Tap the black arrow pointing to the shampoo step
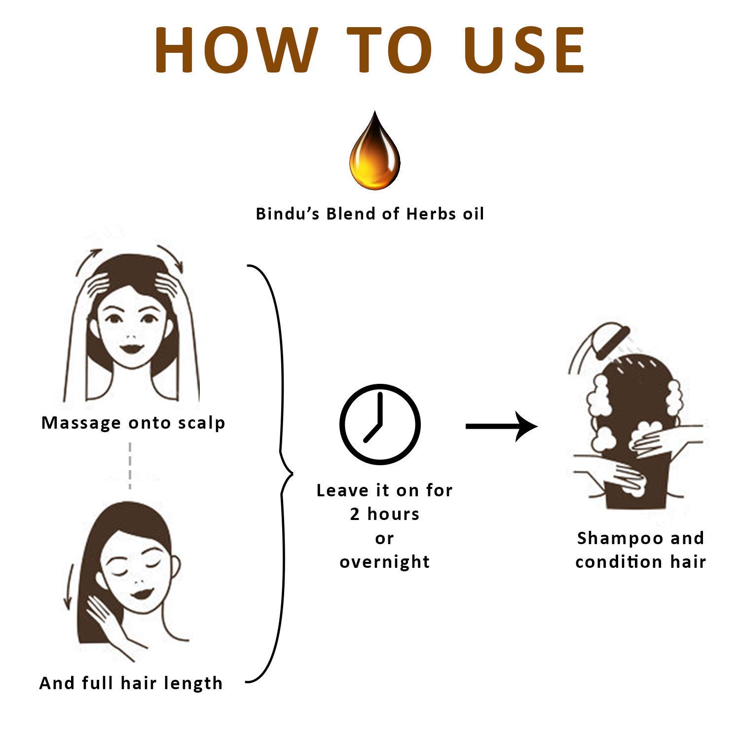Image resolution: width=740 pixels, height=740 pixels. coord(502,425)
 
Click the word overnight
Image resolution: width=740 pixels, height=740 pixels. coord(385,562)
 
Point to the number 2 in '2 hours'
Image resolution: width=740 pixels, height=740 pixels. coord(355,514)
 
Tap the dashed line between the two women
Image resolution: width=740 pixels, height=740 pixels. coord(130,466)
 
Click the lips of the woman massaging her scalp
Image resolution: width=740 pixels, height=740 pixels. coord(132,347)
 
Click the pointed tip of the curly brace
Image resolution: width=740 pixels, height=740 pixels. coord(293,474)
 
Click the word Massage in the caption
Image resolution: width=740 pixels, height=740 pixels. coord(81,423)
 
